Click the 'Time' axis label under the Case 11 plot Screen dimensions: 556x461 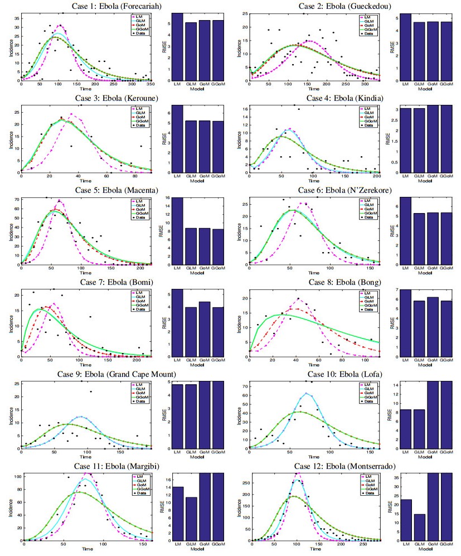coord(88,549)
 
